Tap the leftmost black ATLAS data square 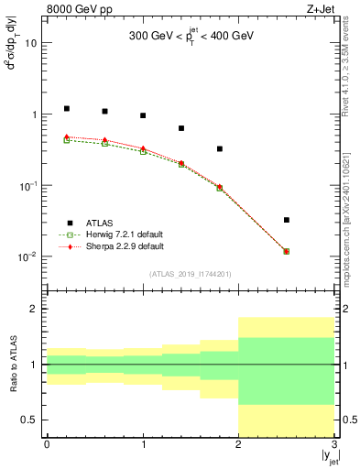click(66, 108)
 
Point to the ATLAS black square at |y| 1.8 click(220, 148)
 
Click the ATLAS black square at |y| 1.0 click(143, 115)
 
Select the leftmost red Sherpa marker click(66, 136)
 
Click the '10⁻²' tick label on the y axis click(27, 256)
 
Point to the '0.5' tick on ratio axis click(30, 420)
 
